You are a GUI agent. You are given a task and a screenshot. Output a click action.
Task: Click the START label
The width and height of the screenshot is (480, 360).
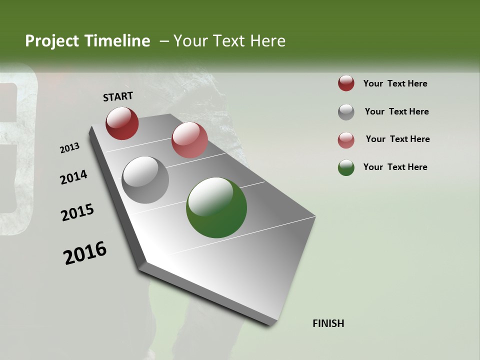pyautogui.click(x=118, y=96)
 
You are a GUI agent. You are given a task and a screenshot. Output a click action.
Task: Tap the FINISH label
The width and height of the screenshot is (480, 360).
pyautogui.click(x=328, y=323)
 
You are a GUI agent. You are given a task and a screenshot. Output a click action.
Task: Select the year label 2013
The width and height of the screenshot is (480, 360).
pyautogui.click(x=69, y=148)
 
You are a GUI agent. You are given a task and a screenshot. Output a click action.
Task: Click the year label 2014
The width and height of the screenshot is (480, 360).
pyautogui.click(x=73, y=177)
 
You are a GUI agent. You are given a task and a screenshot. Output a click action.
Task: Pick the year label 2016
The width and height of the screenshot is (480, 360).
pyautogui.click(x=85, y=253)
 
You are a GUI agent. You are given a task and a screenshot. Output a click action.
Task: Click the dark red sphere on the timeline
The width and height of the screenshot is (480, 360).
pyautogui.click(x=122, y=123)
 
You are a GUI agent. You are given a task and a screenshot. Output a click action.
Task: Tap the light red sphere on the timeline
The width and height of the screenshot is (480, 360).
pyautogui.click(x=189, y=140)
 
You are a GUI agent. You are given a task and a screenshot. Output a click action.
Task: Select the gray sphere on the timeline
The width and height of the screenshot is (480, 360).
pyautogui.click(x=145, y=180)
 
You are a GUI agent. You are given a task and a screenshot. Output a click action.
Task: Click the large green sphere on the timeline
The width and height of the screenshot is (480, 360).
pyautogui.click(x=216, y=207)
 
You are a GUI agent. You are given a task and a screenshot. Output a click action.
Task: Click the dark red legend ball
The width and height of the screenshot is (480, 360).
pyautogui.click(x=346, y=83)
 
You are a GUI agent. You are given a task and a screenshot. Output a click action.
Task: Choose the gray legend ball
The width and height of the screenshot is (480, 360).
pyautogui.click(x=346, y=112)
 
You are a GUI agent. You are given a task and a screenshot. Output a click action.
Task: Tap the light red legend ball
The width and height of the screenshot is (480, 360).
pyautogui.click(x=346, y=140)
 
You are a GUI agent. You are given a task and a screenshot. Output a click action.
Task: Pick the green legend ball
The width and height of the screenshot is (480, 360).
pyautogui.click(x=346, y=167)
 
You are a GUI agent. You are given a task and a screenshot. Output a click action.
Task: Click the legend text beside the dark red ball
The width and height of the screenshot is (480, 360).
pyautogui.click(x=395, y=84)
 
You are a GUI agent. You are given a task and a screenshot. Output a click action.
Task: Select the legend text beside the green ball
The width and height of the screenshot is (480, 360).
pyautogui.click(x=395, y=167)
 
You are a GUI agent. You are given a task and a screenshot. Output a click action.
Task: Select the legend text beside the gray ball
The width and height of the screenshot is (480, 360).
pyautogui.click(x=396, y=111)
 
